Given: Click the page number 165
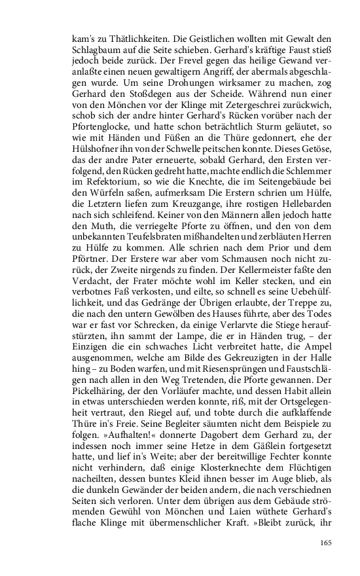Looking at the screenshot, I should point(327,542).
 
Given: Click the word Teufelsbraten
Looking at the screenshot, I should point(145,273).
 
